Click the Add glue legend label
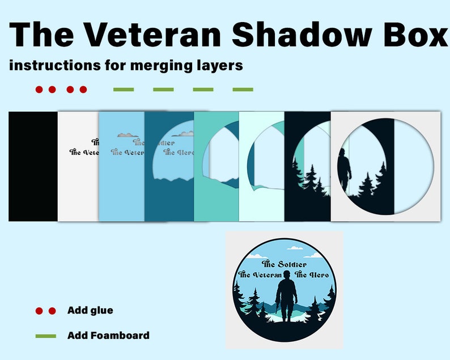(90, 310)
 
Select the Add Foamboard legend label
(108, 335)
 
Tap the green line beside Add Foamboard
(45, 336)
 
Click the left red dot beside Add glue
(39, 311)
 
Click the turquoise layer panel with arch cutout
(215, 198)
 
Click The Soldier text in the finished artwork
(285, 264)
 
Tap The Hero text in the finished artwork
(316, 275)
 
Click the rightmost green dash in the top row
(243, 89)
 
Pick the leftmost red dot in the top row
(39, 89)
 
